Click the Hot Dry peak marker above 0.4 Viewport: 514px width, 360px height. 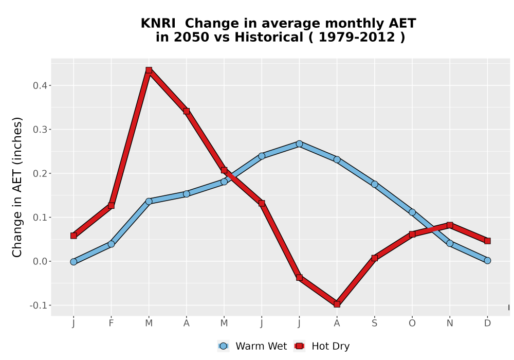(x=149, y=70)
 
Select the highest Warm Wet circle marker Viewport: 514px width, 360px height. (x=299, y=143)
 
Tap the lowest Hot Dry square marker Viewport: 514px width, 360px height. (x=337, y=304)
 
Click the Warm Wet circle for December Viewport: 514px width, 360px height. (x=487, y=261)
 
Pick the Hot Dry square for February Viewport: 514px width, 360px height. (x=111, y=206)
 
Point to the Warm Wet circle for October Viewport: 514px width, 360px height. (x=412, y=212)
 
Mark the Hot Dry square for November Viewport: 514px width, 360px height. (x=450, y=225)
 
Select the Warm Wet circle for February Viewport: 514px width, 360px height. (x=111, y=244)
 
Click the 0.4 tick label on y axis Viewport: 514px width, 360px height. (x=40, y=85)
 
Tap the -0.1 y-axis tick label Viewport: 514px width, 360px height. (x=38, y=305)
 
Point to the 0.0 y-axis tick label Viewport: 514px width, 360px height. (x=40, y=261)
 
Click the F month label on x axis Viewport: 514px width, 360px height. (x=111, y=323)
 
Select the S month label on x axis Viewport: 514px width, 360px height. (x=374, y=323)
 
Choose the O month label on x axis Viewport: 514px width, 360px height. (x=412, y=323)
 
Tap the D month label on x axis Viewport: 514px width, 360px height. (x=487, y=323)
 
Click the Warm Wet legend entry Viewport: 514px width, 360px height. (x=252, y=346)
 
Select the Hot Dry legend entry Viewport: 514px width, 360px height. (x=322, y=346)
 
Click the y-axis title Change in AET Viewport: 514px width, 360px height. (x=17, y=187)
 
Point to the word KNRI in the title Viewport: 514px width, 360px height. (x=158, y=24)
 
